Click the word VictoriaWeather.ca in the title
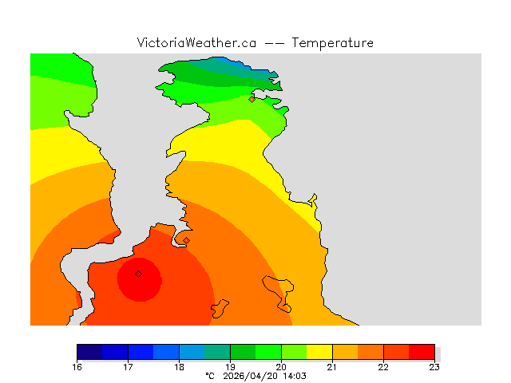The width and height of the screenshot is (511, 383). [x=196, y=43]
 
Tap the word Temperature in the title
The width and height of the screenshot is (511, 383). [x=333, y=43]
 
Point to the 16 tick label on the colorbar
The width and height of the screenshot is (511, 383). [x=77, y=367]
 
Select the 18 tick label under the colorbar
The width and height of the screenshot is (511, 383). [x=179, y=367]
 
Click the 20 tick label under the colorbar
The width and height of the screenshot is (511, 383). [x=281, y=367]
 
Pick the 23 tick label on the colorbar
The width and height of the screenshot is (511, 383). [x=434, y=367]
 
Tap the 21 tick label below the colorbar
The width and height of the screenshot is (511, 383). [x=332, y=367]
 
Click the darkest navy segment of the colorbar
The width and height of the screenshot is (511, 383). [x=89, y=352]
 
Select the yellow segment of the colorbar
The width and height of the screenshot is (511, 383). [x=319, y=352]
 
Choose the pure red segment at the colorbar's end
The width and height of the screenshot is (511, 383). [x=422, y=352]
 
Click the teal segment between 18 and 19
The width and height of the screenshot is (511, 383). [x=217, y=352]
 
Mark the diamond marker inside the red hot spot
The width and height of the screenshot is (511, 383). [x=138, y=274]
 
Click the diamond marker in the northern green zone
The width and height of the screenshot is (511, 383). [x=252, y=100]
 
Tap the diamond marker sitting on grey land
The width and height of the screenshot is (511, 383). [x=186, y=240]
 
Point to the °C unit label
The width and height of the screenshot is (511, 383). [x=210, y=376]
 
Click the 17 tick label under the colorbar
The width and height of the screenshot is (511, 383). [x=128, y=367]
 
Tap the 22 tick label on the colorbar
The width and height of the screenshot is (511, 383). [x=383, y=367]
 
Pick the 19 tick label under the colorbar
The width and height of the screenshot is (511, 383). [x=230, y=367]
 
